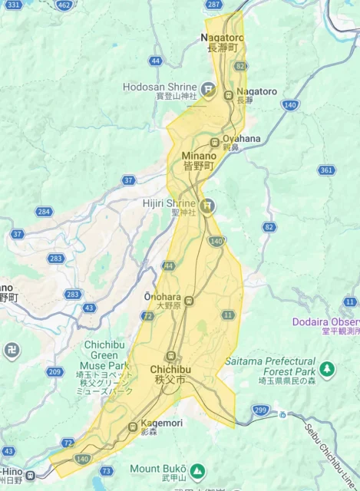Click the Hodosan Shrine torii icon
click(207, 90)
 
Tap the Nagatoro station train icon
click(228, 95)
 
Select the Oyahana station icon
click(215, 142)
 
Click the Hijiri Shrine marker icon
click(206, 206)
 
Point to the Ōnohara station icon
click(189, 302)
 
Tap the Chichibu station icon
click(171, 357)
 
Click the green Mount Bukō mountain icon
click(197, 469)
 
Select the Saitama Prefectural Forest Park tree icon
click(328, 369)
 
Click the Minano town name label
click(198, 160)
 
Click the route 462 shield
click(64, 5)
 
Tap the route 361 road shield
click(326, 170)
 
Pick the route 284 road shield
click(45, 212)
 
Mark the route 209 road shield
click(54, 372)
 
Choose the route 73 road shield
click(106, 471)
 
